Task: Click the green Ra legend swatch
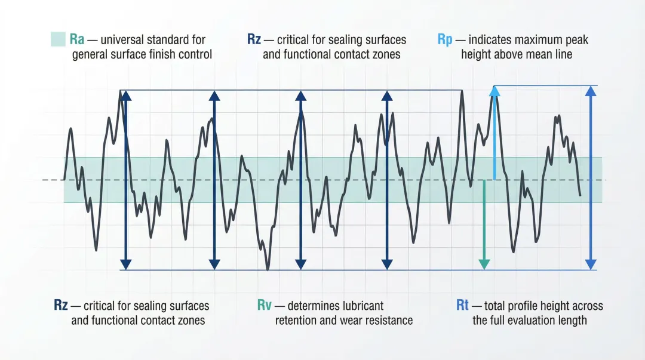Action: point(57,40)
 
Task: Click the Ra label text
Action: point(76,40)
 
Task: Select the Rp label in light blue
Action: point(445,40)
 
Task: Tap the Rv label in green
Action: point(265,306)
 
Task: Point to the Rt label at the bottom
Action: point(462,306)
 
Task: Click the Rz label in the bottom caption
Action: point(60,306)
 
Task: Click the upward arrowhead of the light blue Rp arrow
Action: point(494,91)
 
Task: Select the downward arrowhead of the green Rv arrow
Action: point(484,263)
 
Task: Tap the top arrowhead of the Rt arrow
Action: point(591,91)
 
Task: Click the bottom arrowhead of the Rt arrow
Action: point(591,263)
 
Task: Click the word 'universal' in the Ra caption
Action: point(122,40)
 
